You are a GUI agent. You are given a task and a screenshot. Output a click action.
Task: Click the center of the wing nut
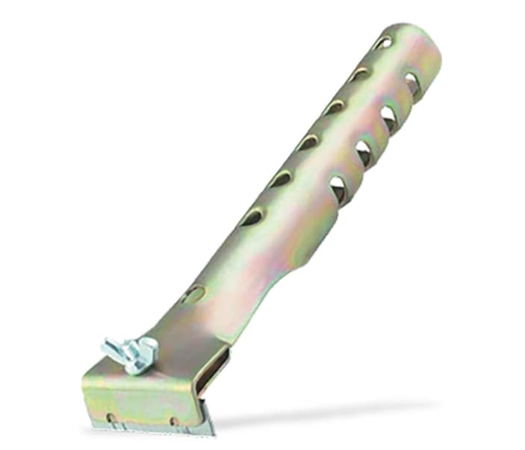131,349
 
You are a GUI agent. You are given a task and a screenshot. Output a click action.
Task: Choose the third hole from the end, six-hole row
334,107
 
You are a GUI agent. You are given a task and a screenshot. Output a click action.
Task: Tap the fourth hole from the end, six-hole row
307,143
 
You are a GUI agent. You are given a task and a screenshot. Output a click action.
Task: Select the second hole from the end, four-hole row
388,118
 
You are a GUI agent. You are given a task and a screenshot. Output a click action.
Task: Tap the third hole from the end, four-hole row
364,153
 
